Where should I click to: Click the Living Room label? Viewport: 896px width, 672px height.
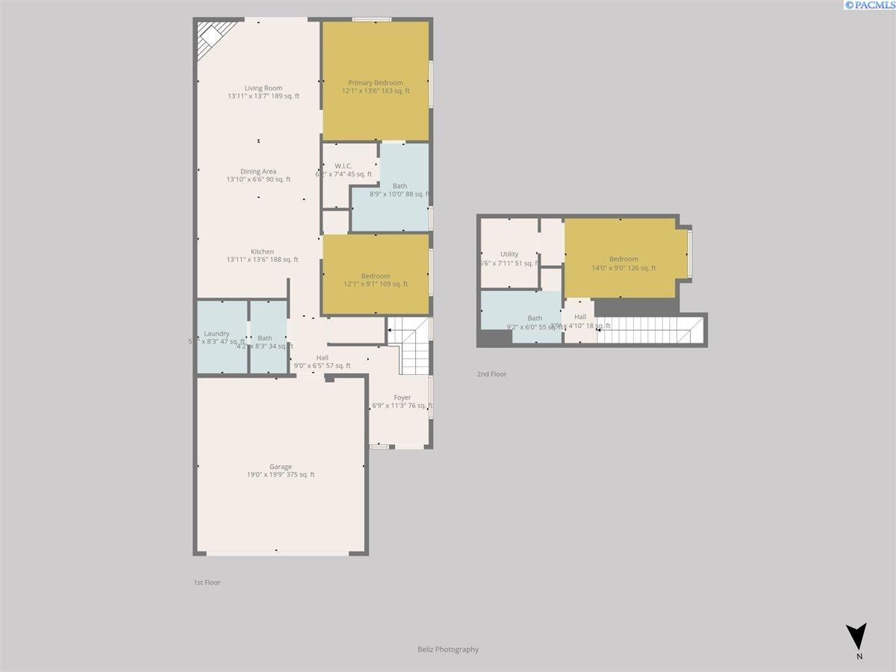[x=263, y=88]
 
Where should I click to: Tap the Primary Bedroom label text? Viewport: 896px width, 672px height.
[x=375, y=83]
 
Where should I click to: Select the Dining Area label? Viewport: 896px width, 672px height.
[x=258, y=172]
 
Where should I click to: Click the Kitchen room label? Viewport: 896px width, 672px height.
[x=262, y=252]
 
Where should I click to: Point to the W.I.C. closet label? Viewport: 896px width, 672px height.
[x=343, y=166]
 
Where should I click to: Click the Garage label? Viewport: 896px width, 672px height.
[x=281, y=467]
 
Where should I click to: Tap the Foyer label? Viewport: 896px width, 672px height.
[x=402, y=397]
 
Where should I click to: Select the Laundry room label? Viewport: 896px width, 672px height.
[x=217, y=334]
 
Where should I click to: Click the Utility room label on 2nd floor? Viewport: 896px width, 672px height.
[x=509, y=254]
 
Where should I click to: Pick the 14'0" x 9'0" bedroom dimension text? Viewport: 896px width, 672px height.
[x=623, y=268]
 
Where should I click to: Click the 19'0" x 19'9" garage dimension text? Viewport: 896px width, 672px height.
[x=281, y=475]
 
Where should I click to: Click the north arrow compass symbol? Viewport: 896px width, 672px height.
[x=859, y=637]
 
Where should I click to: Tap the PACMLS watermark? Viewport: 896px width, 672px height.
[x=869, y=5]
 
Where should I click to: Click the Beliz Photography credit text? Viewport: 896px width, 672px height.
[x=448, y=650]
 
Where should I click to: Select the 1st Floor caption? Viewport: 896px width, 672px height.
[x=207, y=582]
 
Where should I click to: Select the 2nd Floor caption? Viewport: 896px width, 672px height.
[x=491, y=374]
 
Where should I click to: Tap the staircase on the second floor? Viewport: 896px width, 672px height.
[x=646, y=330]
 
